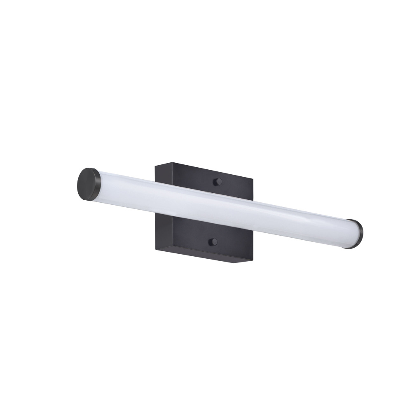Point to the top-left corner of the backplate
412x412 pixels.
[155, 166]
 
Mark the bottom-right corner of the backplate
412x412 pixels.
[252, 263]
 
